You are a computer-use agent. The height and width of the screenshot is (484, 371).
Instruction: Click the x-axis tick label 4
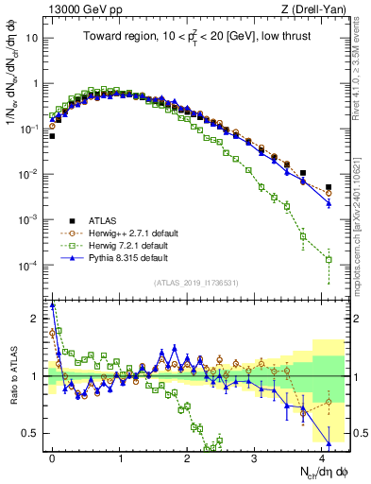(x=322, y=457)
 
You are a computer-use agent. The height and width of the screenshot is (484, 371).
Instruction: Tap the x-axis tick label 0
(x=53, y=457)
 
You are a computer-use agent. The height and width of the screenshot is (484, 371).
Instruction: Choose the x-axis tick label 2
(x=188, y=457)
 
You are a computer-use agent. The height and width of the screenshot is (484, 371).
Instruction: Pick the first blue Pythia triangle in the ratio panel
(x=53, y=305)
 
